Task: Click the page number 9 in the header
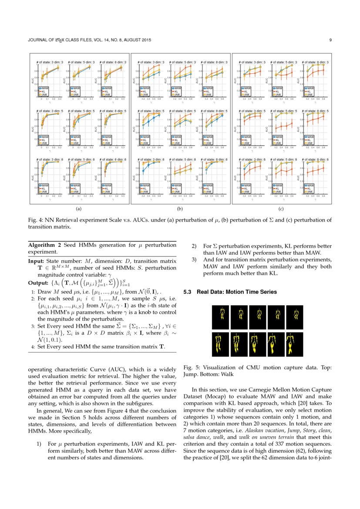coord(331,40)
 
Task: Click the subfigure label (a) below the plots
coord(79,209)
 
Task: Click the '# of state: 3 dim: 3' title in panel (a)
coord(50,62)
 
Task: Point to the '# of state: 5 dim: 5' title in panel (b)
coord(183,111)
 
